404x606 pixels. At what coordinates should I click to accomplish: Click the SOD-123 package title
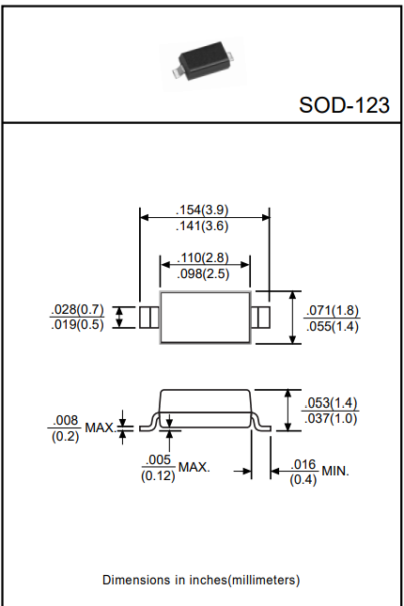344,104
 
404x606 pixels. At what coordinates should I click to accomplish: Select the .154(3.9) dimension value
202,210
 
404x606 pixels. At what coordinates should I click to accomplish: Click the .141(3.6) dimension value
202,225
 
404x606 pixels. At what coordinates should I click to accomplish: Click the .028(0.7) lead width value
78,309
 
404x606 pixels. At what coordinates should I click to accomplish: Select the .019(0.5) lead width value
78,325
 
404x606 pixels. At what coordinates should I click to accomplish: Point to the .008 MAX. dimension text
80,427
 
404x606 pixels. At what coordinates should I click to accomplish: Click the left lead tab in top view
148,318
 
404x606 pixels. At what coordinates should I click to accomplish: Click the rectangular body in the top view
205,318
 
